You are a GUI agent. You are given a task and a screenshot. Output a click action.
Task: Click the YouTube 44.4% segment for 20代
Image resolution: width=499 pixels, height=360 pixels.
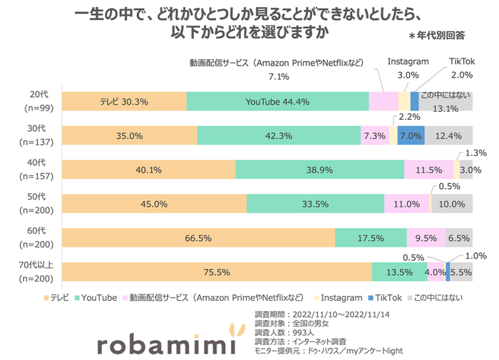(277, 102)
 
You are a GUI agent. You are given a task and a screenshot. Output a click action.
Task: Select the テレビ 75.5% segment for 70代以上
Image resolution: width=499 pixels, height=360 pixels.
(217, 272)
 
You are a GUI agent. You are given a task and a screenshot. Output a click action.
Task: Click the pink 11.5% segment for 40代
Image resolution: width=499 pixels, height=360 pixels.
(429, 170)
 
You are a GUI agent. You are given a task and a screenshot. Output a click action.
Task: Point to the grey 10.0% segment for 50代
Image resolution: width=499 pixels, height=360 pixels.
(452, 204)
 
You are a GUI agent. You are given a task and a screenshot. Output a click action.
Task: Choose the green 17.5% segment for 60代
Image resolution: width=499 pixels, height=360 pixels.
(371, 238)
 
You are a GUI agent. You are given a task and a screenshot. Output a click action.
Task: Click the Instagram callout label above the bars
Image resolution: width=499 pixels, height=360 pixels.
(408, 62)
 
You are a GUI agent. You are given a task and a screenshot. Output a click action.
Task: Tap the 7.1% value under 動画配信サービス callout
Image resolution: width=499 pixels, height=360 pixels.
(279, 76)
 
